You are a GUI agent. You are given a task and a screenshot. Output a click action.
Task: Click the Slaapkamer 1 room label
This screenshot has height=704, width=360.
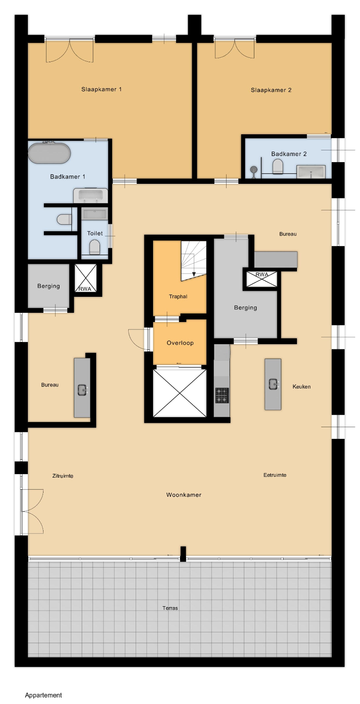click(101, 89)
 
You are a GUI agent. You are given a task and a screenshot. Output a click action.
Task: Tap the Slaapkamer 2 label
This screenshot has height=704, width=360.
click(271, 90)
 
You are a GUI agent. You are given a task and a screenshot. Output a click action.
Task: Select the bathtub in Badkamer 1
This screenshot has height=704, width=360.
click(50, 153)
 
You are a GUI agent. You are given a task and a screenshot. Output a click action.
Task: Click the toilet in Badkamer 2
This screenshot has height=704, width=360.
click(278, 166)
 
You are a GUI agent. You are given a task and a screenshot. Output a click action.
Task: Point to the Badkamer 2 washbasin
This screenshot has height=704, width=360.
click(311, 172)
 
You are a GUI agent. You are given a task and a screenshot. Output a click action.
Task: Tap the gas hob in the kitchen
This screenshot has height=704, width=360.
click(222, 395)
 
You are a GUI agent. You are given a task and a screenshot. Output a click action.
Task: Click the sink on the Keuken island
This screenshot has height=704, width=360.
click(273, 384)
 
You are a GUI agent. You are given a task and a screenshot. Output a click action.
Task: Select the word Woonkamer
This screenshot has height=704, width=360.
click(183, 495)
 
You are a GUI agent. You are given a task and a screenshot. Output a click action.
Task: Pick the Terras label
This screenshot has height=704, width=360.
click(170, 608)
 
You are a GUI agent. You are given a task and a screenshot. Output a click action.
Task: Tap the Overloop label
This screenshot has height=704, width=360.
click(180, 343)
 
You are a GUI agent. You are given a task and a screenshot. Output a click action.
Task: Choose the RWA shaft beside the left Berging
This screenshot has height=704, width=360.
click(86, 278)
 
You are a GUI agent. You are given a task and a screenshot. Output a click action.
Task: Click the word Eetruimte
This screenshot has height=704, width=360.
click(275, 475)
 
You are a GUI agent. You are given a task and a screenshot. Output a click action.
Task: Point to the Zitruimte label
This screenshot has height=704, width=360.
click(63, 476)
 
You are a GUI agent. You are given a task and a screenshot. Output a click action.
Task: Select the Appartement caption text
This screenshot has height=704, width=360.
click(43, 695)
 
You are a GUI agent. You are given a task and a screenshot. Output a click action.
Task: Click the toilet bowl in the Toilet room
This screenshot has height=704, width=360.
click(95, 247)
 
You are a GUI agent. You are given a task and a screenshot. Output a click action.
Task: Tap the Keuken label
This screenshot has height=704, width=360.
click(301, 387)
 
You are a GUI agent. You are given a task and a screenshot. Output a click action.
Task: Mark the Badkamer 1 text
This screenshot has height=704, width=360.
click(67, 176)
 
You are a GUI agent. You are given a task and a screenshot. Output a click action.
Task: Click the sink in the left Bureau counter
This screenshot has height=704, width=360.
click(82, 390)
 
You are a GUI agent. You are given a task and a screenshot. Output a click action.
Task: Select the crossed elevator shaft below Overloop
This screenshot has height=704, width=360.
click(180, 393)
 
